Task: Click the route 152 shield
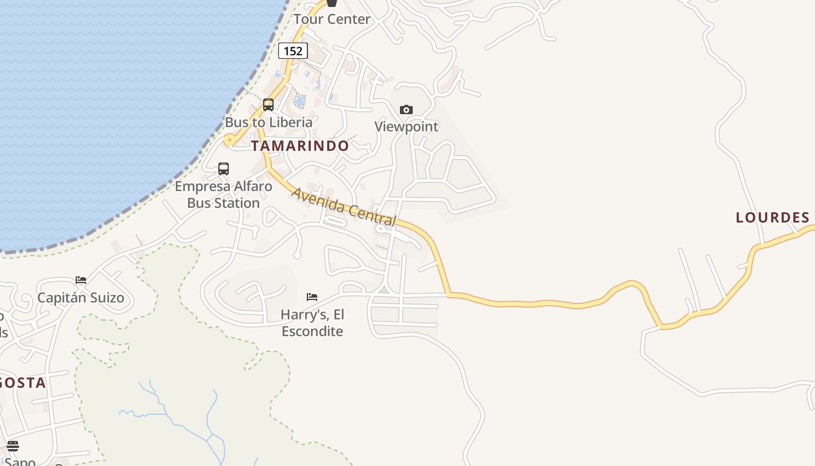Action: pyautogui.click(x=293, y=51)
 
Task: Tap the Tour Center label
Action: pyautogui.click(x=332, y=19)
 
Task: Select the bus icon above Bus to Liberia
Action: pyautogui.click(x=268, y=105)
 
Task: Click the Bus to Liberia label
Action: pyautogui.click(x=269, y=122)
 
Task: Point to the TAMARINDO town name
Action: pyautogui.click(x=300, y=146)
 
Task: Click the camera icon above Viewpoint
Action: pyautogui.click(x=406, y=110)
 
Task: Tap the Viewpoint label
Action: pyautogui.click(x=406, y=126)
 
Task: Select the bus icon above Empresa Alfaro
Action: pyautogui.click(x=224, y=169)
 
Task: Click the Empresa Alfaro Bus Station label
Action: pyautogui.click(x=224, y=195)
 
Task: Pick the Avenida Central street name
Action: pyautogui.click(x=344, y=207)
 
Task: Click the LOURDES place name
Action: pyautogui.click(x=773, y=218)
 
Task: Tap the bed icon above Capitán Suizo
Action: pyautogui.click(x=81, y=280)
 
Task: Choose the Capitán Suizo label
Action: pyautogui.click(x=81, y=298)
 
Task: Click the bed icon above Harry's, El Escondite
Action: pyautogui.click(x=312, y=297)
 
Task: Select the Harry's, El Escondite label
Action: pyautogui.click(x=312, y=323)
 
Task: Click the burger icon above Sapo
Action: pyautogui.click(x=13, y=446)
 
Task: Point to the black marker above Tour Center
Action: pyautogui.click(x=332, y=3)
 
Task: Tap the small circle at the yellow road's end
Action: pyautogui.click(x=230, y=140)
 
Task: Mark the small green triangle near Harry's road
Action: pyautogui.click(x=383, y=290)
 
